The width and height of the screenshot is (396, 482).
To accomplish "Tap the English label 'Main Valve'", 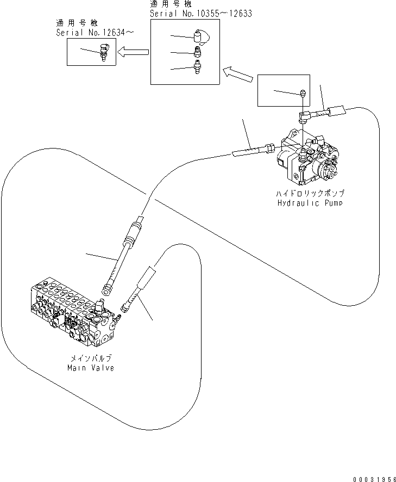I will pos(91,368).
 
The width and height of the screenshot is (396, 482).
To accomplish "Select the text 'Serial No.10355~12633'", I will pos(200,14).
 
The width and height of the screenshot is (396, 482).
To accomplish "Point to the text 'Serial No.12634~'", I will pos(96,33).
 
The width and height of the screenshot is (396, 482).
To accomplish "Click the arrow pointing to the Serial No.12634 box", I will pos(134,52).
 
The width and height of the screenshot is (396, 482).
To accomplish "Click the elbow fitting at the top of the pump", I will pos(305,115).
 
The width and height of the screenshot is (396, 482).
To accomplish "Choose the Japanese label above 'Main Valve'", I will pos(91,359).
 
